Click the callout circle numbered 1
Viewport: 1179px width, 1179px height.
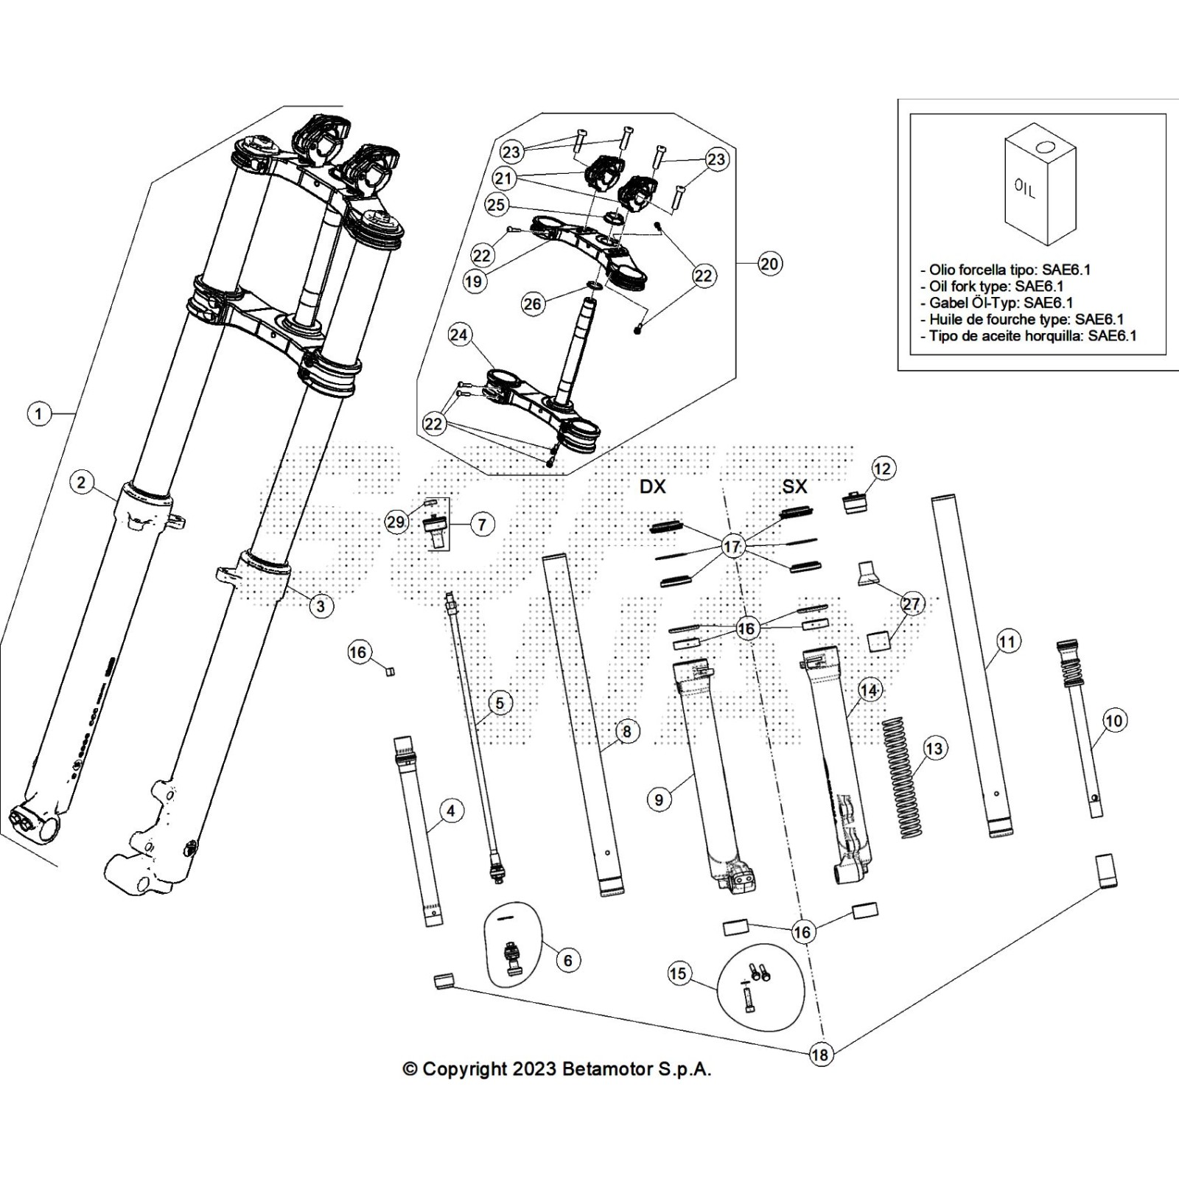click(39, 413)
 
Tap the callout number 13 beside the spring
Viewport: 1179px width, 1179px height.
click(933, 749)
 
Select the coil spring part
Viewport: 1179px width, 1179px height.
click(900, 777)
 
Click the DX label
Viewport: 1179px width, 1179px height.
click(652, 486)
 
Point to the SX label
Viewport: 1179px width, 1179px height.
click(794, 486)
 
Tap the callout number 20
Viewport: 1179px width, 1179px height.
click(769, 263)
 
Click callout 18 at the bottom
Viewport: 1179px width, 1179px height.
click(819, 1054)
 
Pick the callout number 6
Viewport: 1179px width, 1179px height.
click(567, 960)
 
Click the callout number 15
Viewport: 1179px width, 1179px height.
click(678, 973)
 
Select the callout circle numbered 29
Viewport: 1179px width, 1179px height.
click(396, 522)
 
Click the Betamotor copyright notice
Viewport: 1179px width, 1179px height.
click(557, 1069)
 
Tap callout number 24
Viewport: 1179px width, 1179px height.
click(459, 335)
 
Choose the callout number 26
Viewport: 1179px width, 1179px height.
click(532, 304)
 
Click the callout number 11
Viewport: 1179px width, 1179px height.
click(1007, 641)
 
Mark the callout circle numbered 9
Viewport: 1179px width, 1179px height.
click(659, 799)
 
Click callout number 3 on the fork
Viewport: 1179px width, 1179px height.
click(320, 606)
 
